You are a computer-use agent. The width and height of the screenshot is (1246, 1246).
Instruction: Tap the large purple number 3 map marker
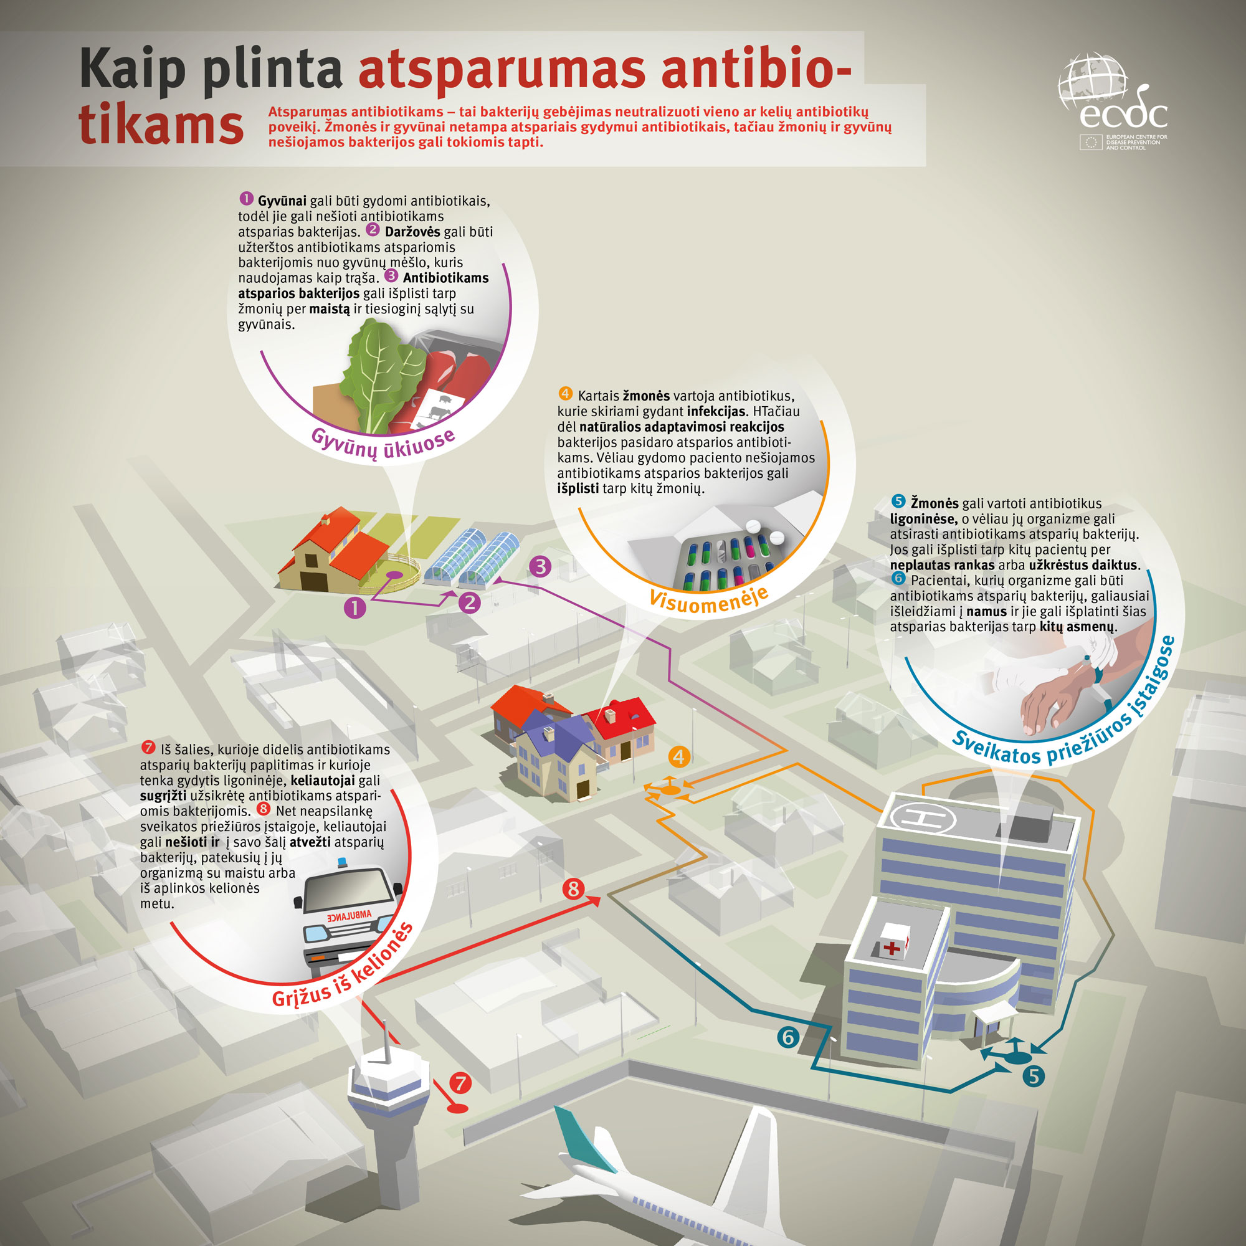point(540,566)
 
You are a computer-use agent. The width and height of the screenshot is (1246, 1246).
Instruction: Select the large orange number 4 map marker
point(678,756)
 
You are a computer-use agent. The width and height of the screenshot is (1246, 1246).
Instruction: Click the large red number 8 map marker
point(573,889)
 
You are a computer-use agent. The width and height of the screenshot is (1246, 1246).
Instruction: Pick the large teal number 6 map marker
point(788,1037)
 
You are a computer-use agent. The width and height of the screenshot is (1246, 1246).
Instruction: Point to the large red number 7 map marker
point(460,1083)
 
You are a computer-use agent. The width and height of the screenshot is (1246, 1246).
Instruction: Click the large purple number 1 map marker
point(354,607)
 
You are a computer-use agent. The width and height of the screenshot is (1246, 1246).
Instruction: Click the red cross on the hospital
point(892,948)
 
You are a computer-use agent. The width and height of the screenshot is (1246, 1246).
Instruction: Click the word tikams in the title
point(161,125)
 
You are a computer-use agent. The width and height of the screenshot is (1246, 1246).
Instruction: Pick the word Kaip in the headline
point(132,70)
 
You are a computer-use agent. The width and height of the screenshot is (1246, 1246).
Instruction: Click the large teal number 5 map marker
point(1033,1076)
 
